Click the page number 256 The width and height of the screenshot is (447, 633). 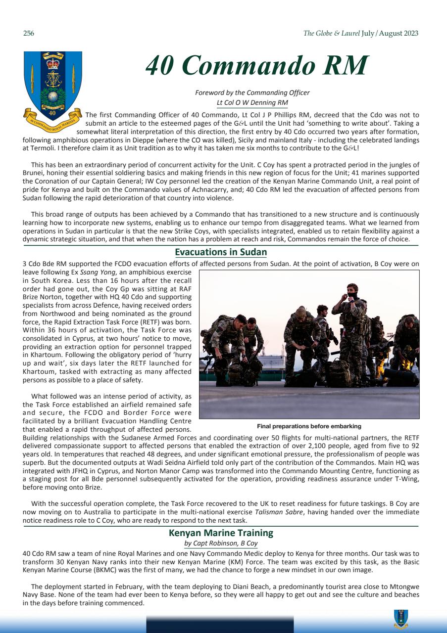28,34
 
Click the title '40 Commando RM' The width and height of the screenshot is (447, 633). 257,66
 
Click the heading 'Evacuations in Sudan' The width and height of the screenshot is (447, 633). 221,252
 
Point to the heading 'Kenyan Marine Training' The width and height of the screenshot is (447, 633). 221,533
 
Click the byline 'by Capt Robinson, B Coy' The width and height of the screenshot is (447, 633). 221,543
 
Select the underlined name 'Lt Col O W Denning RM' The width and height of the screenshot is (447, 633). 252,102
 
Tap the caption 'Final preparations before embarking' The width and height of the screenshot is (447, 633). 309,426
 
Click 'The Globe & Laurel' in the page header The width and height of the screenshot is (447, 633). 331,34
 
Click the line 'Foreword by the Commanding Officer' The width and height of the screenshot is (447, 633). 252,93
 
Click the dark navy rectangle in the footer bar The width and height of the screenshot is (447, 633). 220,624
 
